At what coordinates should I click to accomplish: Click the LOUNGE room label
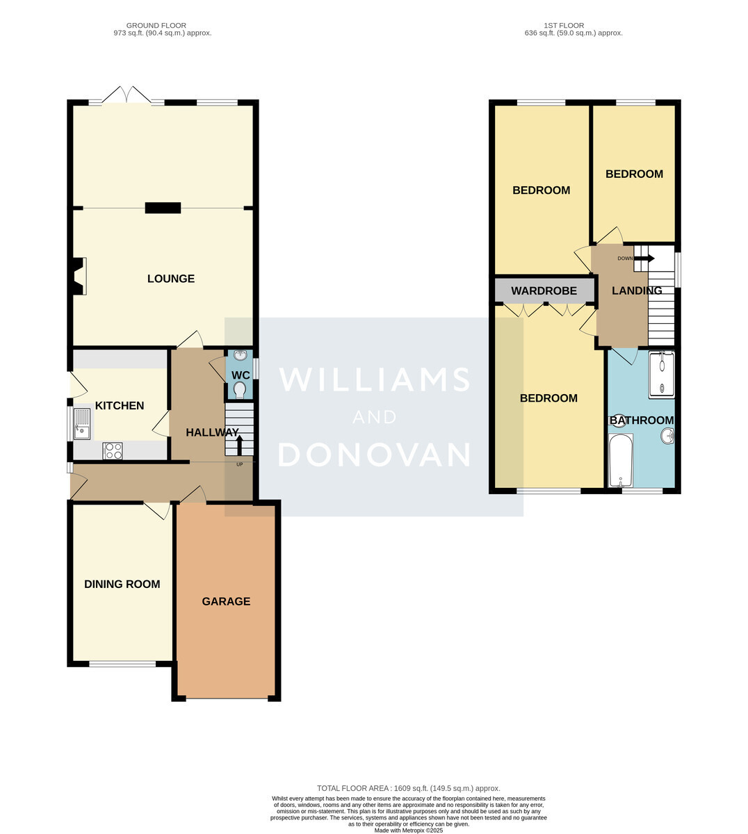tap(171, 279)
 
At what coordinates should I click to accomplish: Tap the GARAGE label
tap(226, 601)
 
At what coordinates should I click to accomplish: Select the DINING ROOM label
tap(122, 584)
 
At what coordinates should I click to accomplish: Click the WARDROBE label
tap(544, 291)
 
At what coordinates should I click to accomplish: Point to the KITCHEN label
tap(120, 405)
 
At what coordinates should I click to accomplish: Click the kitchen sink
tap(82, 423)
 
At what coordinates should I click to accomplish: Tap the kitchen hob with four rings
tap(113, 451)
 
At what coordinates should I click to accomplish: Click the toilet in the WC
tap(240, 389)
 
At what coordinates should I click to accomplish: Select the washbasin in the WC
tap(240, 355)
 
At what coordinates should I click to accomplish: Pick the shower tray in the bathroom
tap(662, 375)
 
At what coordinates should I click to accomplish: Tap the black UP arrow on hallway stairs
tap(239, 445)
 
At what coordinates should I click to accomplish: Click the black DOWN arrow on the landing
tap(644, 259)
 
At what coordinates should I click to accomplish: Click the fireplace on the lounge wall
tap(79, 276)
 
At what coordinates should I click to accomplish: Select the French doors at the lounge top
tap(127, 95)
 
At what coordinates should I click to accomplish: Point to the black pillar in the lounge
tap(163, 208)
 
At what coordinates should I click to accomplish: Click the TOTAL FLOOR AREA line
tap(409, 788)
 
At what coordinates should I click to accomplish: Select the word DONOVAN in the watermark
tap(375, 455)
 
